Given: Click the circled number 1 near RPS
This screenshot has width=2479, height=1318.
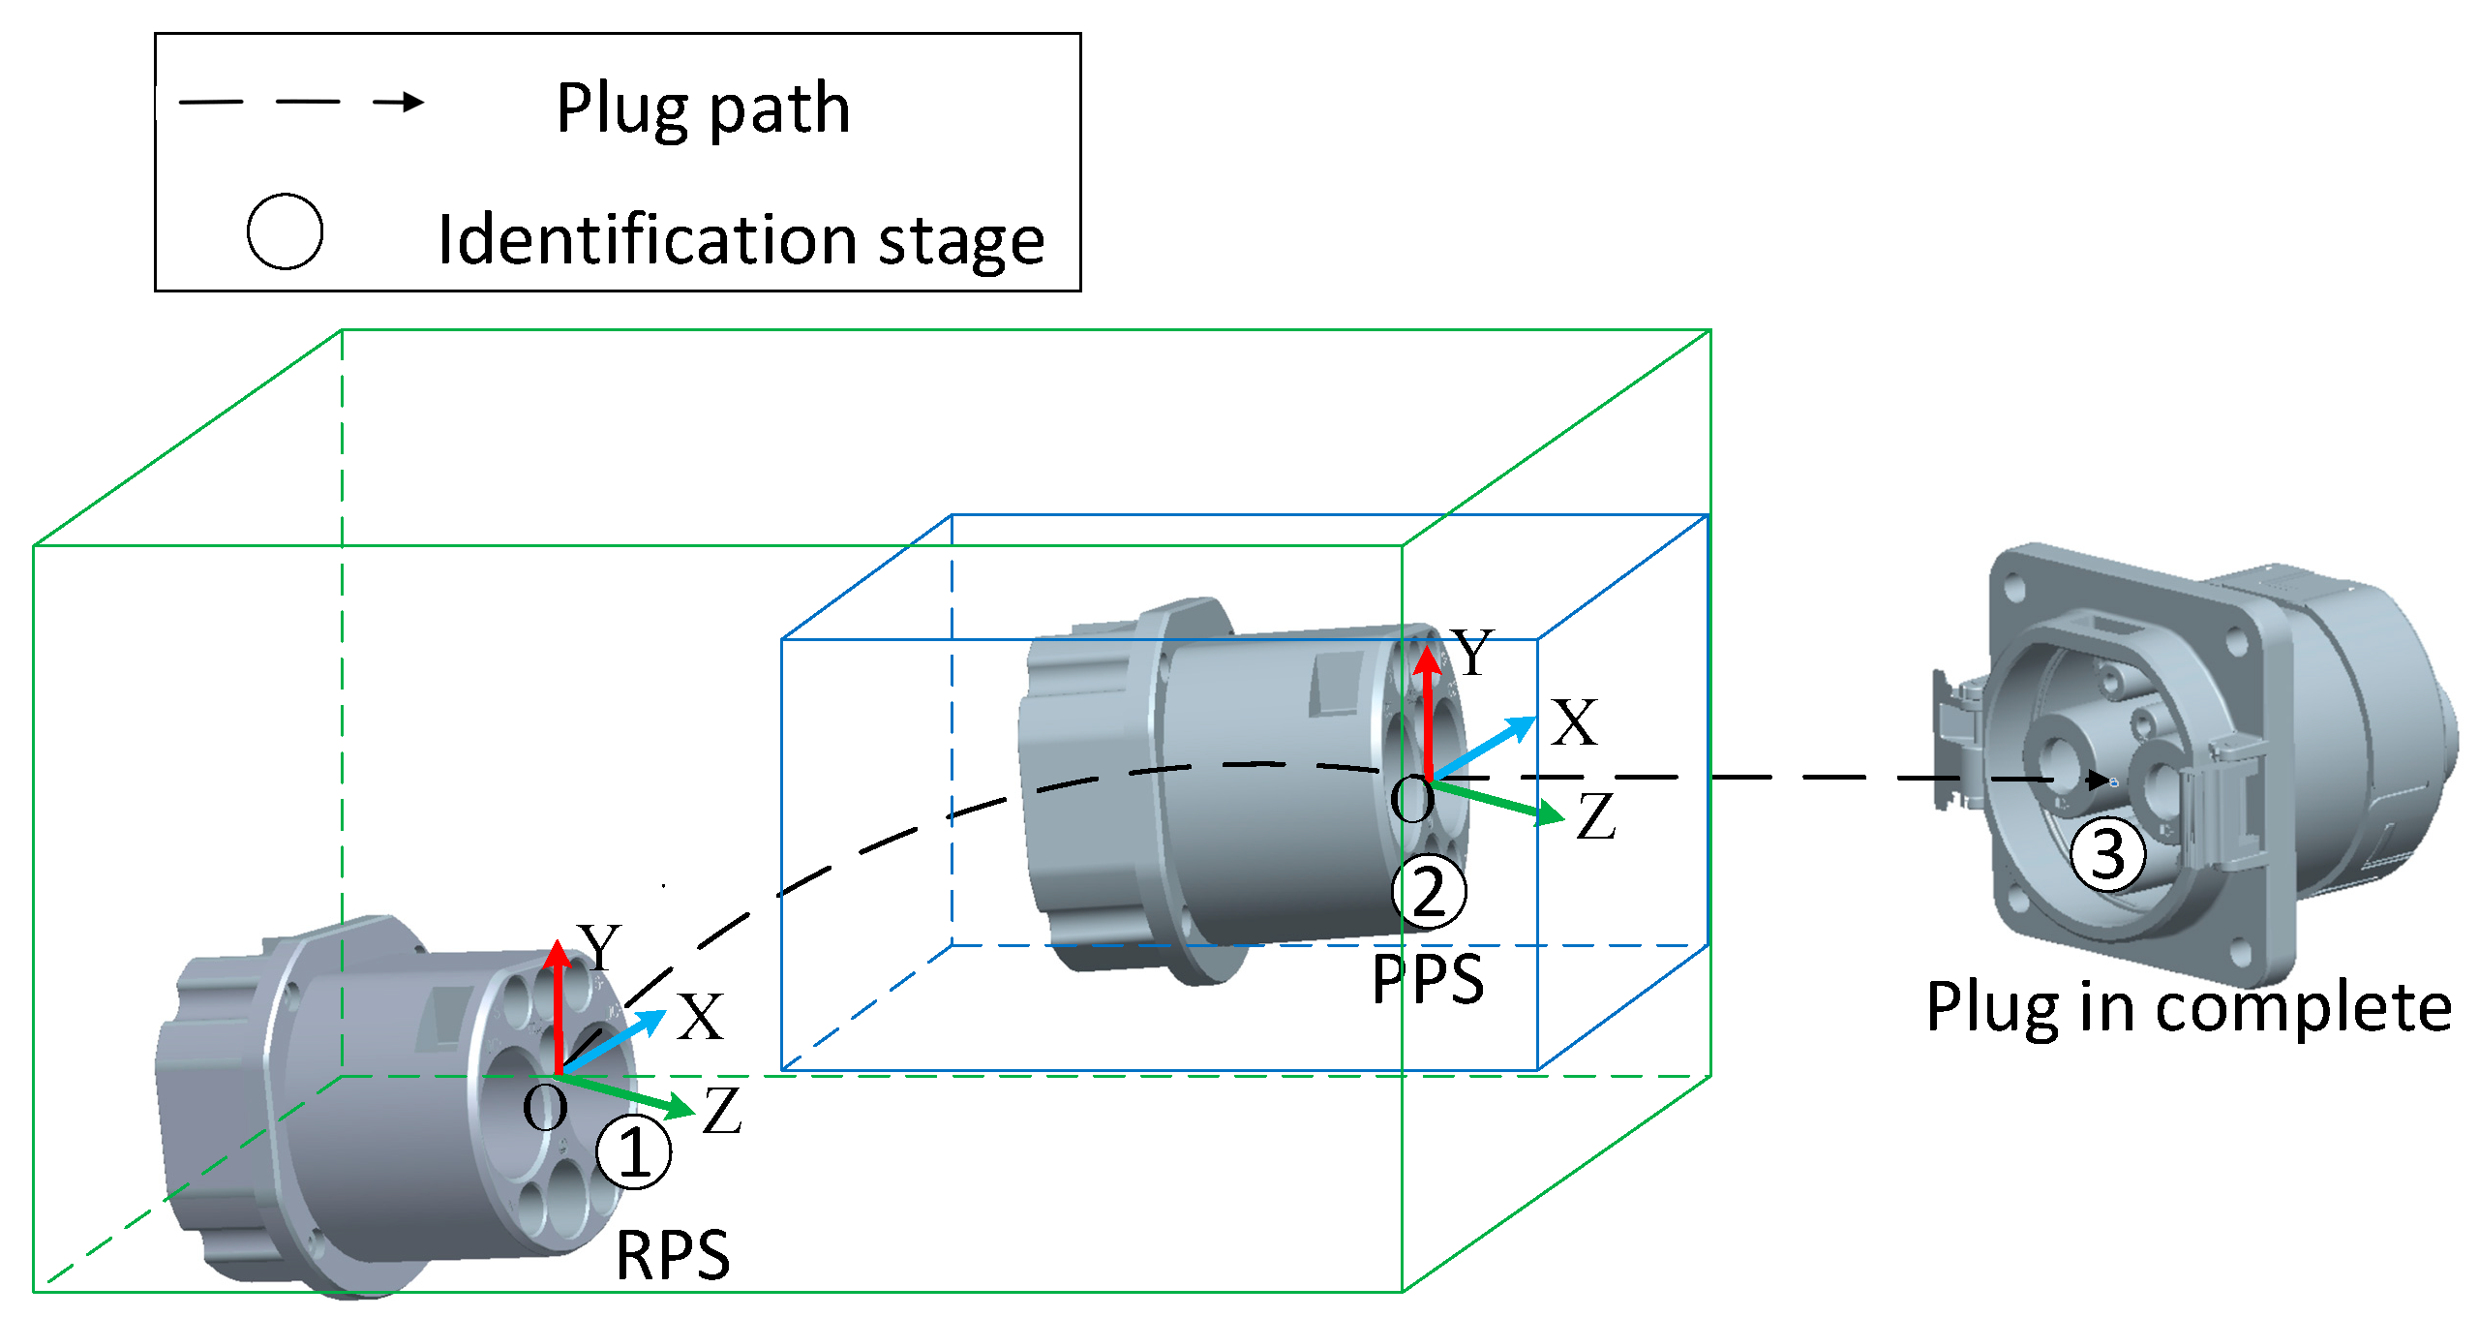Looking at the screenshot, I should (x=633, y=1151).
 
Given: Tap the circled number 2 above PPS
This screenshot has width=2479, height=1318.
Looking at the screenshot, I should (x=1429, y=892).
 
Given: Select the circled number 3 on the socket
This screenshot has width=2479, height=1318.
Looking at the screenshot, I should (x=2107, y=854).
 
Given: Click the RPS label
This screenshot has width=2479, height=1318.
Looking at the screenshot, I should (x=673, y=1255).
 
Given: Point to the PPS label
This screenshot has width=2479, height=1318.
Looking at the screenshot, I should (x=1428, y=978).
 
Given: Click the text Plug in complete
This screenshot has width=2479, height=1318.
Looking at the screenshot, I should (x=2189, y=1007).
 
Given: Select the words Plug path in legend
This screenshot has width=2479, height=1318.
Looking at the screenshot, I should (x=704, y=107).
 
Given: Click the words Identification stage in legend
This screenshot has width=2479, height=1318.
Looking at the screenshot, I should (x=741, y=239).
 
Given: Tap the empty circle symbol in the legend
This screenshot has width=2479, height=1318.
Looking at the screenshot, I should (x=285, y=231).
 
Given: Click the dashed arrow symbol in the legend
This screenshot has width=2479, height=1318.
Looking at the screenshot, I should (x=301, y=102).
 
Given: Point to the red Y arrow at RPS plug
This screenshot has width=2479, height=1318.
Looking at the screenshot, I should (x=558, y=1007).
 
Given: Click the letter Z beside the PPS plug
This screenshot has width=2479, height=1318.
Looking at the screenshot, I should (x=1595, y=815).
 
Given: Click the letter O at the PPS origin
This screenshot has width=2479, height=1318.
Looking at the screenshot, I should (x=1411, y=800).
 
